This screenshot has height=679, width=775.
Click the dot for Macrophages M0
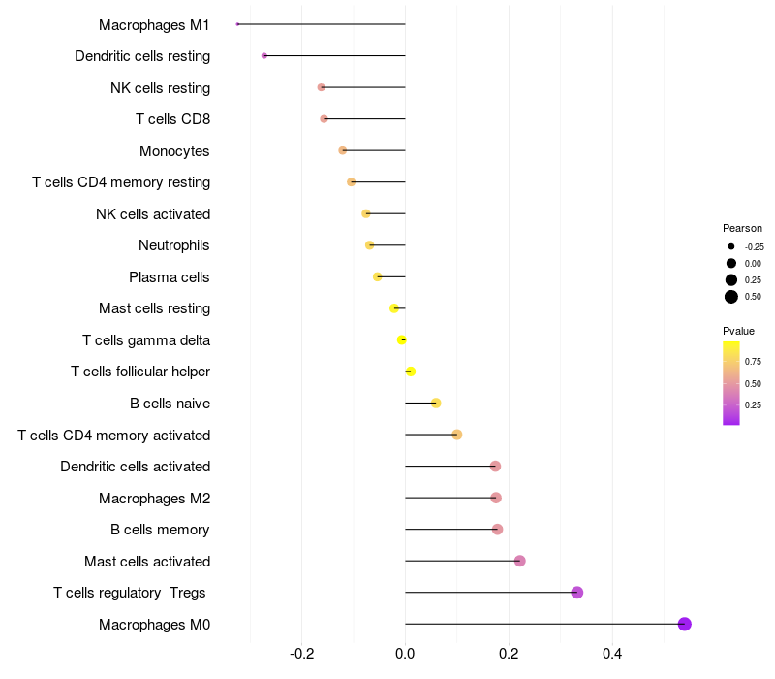685,624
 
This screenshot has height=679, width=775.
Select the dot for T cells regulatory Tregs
577,593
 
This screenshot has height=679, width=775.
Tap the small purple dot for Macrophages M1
237,24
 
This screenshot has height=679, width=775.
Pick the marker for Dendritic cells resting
264,55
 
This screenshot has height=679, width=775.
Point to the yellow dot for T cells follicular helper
411,372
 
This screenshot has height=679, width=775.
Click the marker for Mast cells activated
519,561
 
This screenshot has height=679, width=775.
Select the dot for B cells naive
436,403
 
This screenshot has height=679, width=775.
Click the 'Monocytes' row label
174,151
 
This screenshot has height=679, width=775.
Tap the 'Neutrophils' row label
174,245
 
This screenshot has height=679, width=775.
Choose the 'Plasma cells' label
170,277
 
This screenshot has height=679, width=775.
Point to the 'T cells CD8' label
172,119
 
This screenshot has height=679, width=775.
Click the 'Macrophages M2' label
154,499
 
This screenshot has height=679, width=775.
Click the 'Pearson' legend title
742,228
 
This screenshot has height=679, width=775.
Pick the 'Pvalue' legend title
739,331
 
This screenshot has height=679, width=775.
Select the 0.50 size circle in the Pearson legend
731,297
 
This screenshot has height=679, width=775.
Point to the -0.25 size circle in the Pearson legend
731,246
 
